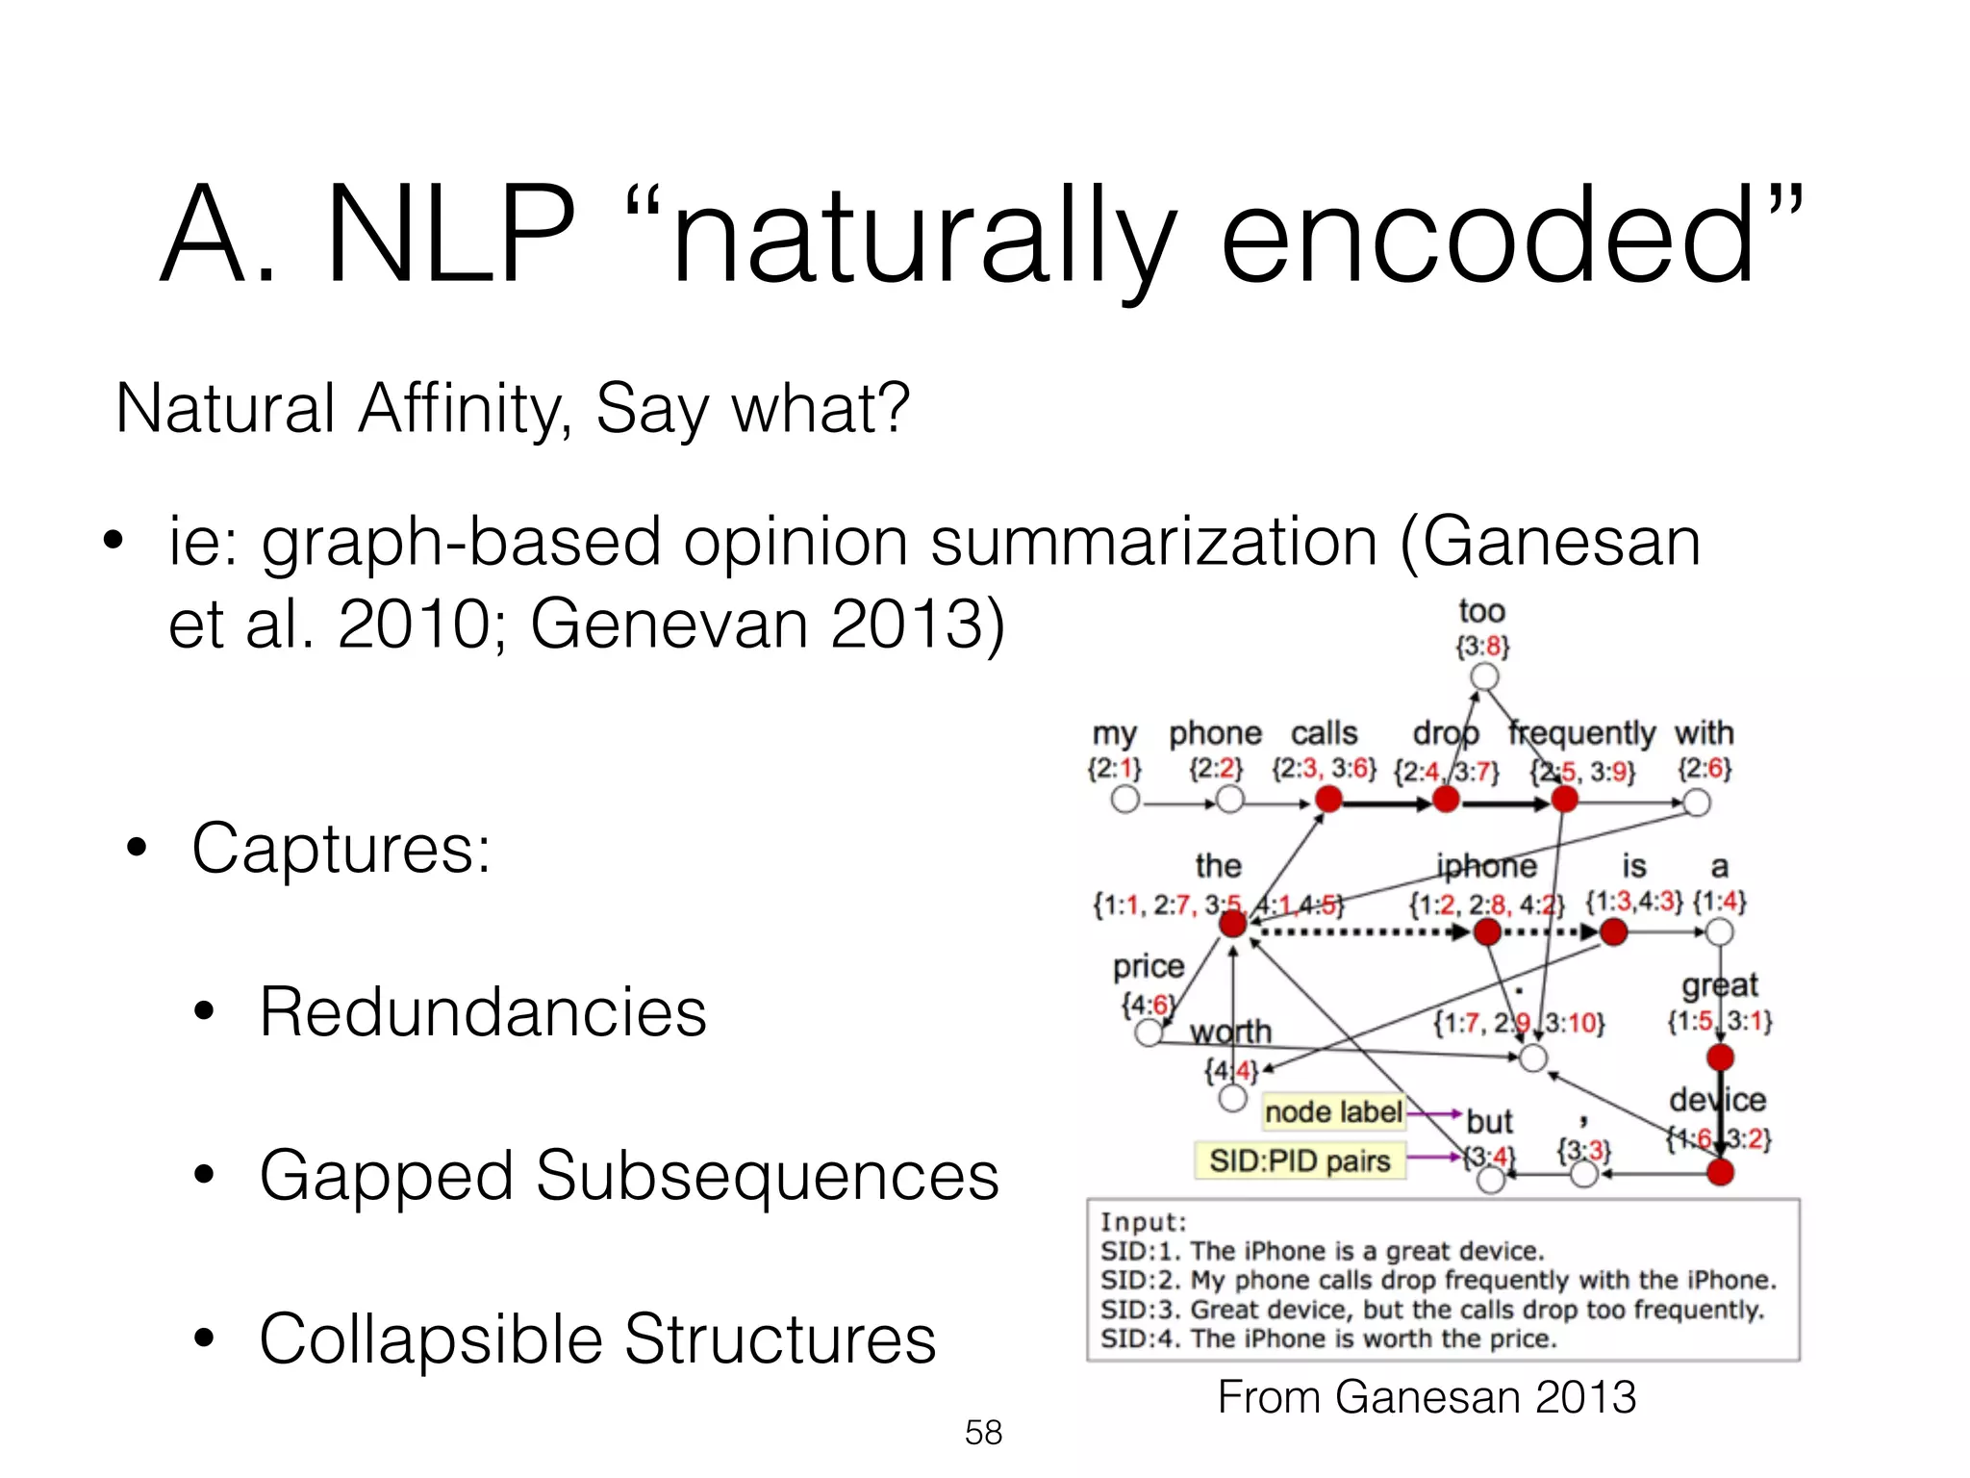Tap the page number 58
[983, 1433]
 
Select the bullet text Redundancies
[482, 1012]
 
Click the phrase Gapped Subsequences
[629, 1176]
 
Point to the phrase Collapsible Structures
[597, 1339]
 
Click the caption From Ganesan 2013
[1427, 1397]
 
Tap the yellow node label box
[1333, 1112]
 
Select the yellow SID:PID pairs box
[1300, 1160]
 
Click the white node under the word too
[1485, 677]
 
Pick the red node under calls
[1328, 799]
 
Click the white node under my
[1124, 799]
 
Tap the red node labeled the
[1232, 925]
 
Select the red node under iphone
[1487, 931]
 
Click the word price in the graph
[1149, 966]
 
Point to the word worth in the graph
[1230, 1032]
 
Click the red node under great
[1720, 1058]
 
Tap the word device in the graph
[1718, 1099]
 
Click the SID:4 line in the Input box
[1327, 1339]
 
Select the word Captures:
[341, 849]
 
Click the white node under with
[1696, 803]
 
